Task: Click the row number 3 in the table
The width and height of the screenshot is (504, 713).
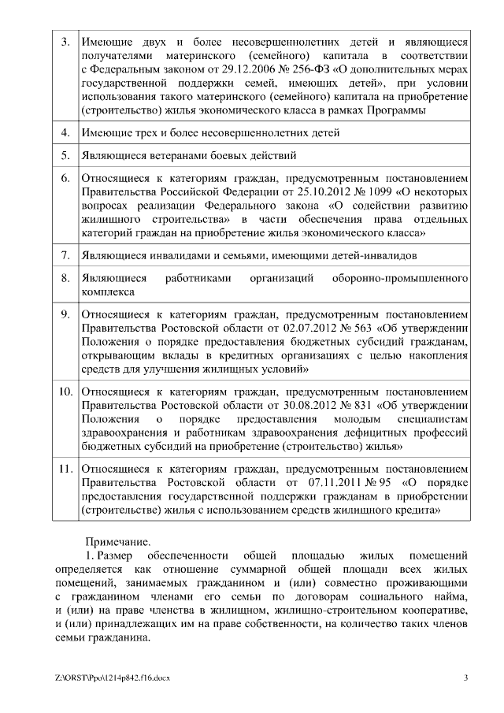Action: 65,41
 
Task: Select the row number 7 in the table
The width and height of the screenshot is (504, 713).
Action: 65,255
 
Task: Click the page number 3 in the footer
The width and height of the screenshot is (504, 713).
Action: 466,678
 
